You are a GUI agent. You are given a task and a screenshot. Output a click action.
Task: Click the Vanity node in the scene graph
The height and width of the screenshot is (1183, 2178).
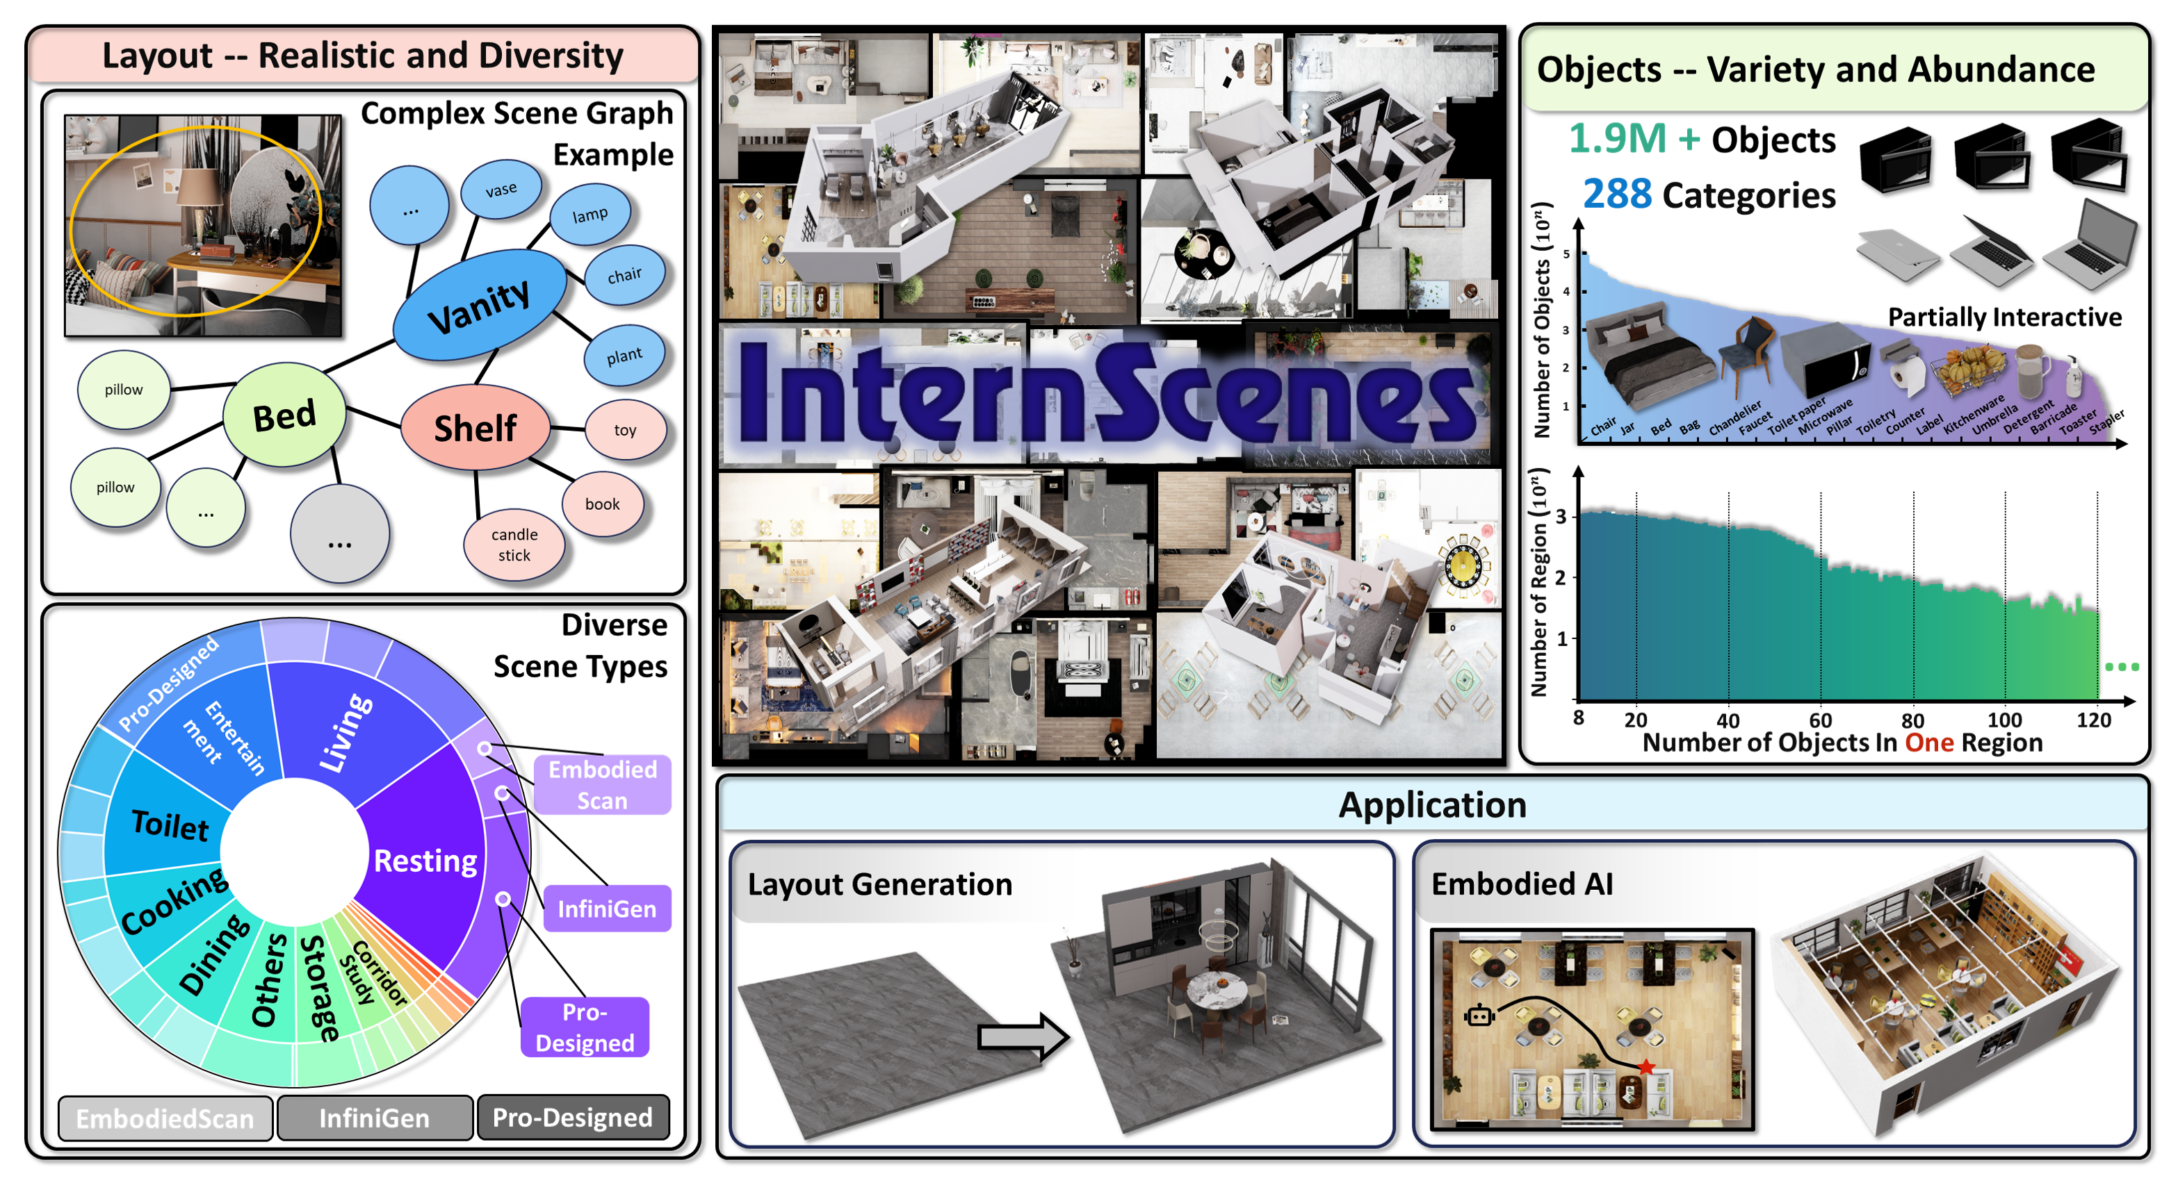480,305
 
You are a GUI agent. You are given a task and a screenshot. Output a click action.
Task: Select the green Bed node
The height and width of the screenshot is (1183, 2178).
285,415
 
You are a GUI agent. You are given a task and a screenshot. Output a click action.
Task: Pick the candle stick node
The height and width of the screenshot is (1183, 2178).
514,545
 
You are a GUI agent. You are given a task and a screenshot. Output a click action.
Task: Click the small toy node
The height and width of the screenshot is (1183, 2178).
625,430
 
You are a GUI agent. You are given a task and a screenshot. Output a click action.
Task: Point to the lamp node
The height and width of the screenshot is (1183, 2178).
590,215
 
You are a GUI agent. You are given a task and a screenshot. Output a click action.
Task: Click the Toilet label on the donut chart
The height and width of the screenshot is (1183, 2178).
170,825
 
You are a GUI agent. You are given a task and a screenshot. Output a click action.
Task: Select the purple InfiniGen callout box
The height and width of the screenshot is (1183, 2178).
606,909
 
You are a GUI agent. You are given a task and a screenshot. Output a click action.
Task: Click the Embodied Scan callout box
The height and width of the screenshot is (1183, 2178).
602,784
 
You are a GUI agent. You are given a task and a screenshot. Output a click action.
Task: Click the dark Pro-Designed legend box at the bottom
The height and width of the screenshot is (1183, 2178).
572,1118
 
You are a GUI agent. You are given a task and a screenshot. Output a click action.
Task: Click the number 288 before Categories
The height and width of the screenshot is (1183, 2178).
1616,195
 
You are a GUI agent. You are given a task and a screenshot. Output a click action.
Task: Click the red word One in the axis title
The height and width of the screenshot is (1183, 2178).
1928,743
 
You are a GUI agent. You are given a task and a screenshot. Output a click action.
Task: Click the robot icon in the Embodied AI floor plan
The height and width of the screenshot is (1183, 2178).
1479,1015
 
